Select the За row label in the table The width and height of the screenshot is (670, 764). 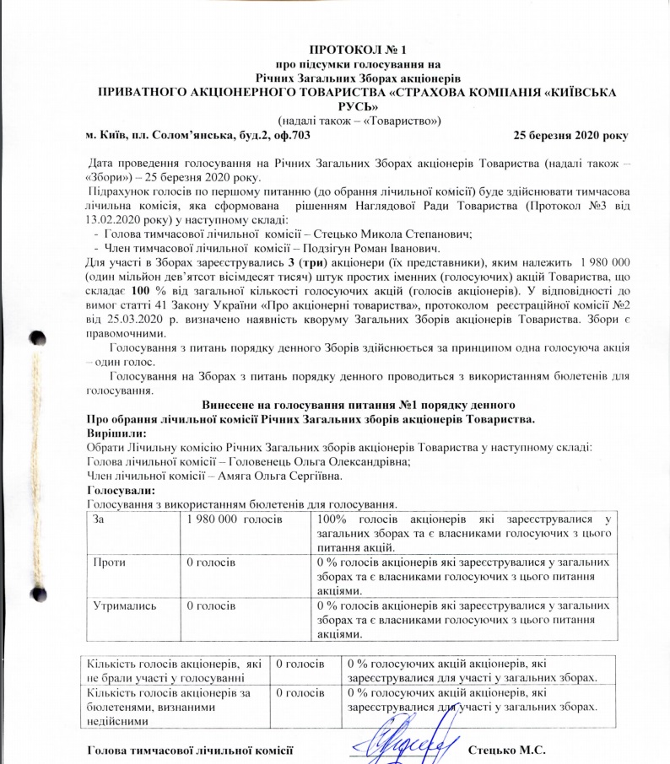(x=100, y=517)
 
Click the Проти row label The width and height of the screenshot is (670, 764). (x=108, y=559)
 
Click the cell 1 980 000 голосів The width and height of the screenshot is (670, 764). (x=234, y=517)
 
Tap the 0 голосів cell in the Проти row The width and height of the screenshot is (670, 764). (x=210, y=559)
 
